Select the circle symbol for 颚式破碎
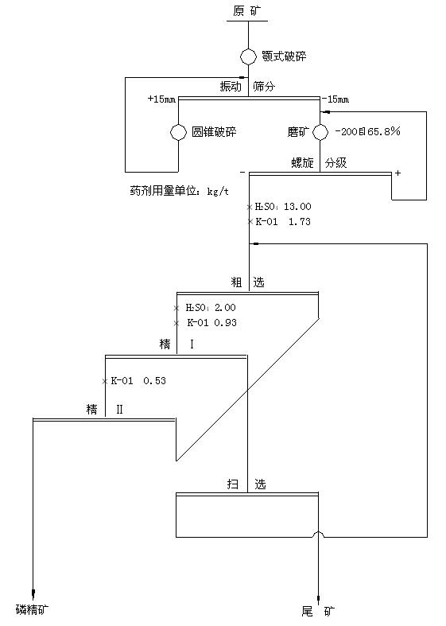click(248, 56)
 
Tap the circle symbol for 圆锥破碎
click(178, 132)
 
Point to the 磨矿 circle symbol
click(320, 132)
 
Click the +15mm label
click(161, 99)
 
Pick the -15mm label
click(335, 99)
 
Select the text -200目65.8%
click(367, 131)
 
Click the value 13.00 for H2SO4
click(297, 206)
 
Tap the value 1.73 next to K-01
click(300, 222)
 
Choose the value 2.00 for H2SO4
click(225, 307)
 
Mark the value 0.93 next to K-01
click(226, 323)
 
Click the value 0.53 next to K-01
click(154, 381)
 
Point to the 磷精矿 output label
click(33, 609)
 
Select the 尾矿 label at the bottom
click(318, 611)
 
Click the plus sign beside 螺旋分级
click(398, 173)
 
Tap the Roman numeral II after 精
click(119, 409)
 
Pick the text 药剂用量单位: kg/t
click(179, 191)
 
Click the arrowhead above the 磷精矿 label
click(33, 593)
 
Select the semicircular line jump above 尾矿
click(319, 534)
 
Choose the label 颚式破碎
click(284, 56)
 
